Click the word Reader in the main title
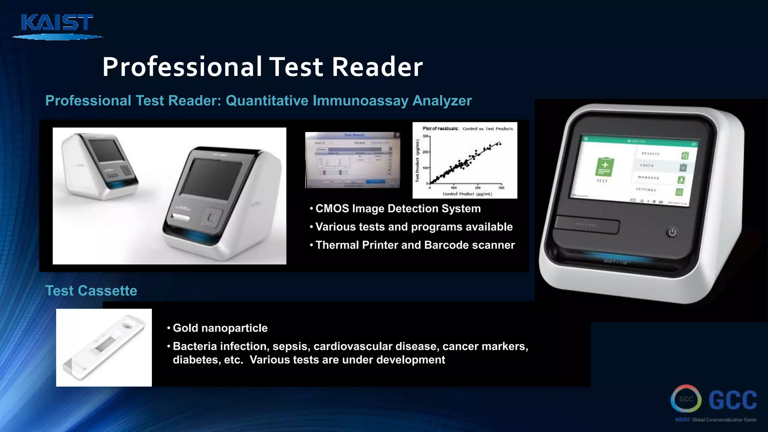click(377, 67)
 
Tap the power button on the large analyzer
click(672, 232)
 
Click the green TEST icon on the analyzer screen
click(604, 167)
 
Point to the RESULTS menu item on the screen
click(651, 154)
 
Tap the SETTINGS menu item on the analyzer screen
click(646, 190)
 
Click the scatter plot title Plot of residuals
click(440, 129)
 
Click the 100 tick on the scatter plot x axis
click(454, 187)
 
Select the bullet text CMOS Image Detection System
click(397, 208)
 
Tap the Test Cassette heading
click(91, 291)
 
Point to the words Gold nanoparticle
click(220, 328)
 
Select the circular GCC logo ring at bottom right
click(686, 399)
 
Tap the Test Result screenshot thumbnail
click(352, 160)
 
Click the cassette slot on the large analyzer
click(587, 225)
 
